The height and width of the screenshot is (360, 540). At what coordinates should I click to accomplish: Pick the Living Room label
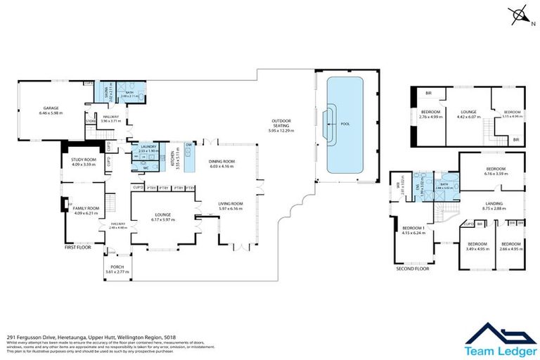[230, 205]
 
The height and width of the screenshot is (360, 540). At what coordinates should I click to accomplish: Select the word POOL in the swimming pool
[345, 124]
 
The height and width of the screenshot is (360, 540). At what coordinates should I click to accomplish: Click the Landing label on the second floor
[494, 206]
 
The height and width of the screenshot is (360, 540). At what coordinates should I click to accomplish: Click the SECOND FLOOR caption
[412, 269]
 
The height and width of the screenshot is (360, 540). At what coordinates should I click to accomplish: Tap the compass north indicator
[519, 15]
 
